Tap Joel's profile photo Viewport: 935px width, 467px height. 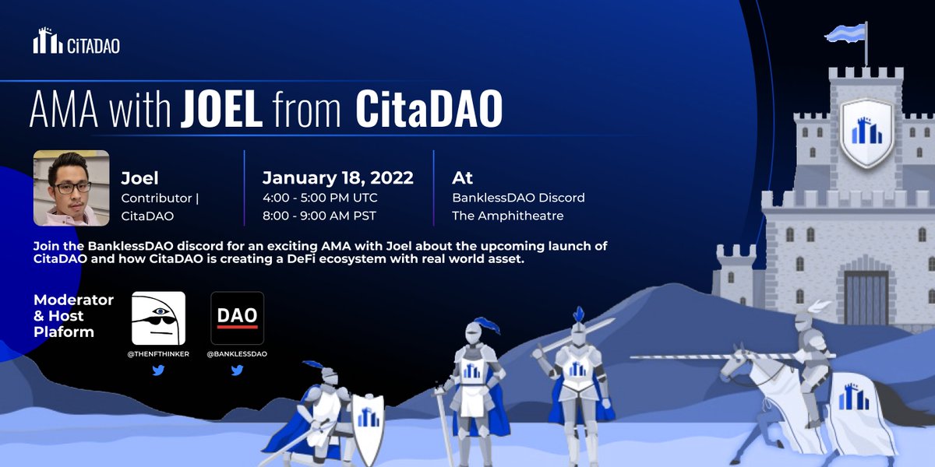pos(71,188)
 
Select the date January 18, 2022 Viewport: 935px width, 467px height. pos(337,178)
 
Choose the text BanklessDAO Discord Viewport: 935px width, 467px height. pos(518,198)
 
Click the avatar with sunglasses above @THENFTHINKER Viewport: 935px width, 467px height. pos(158,318)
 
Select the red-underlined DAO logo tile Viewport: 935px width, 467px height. pos(237,318)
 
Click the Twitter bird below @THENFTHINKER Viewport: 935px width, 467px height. pos(158,371)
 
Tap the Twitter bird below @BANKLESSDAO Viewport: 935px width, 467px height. pos(237,371)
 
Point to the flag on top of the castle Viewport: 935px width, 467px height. pos(845,33)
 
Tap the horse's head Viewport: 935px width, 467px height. pos(736,366)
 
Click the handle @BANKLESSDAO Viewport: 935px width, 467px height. pos(237,354)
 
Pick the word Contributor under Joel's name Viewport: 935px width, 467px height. pos(157,198)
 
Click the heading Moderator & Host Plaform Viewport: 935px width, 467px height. pos(73,316)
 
